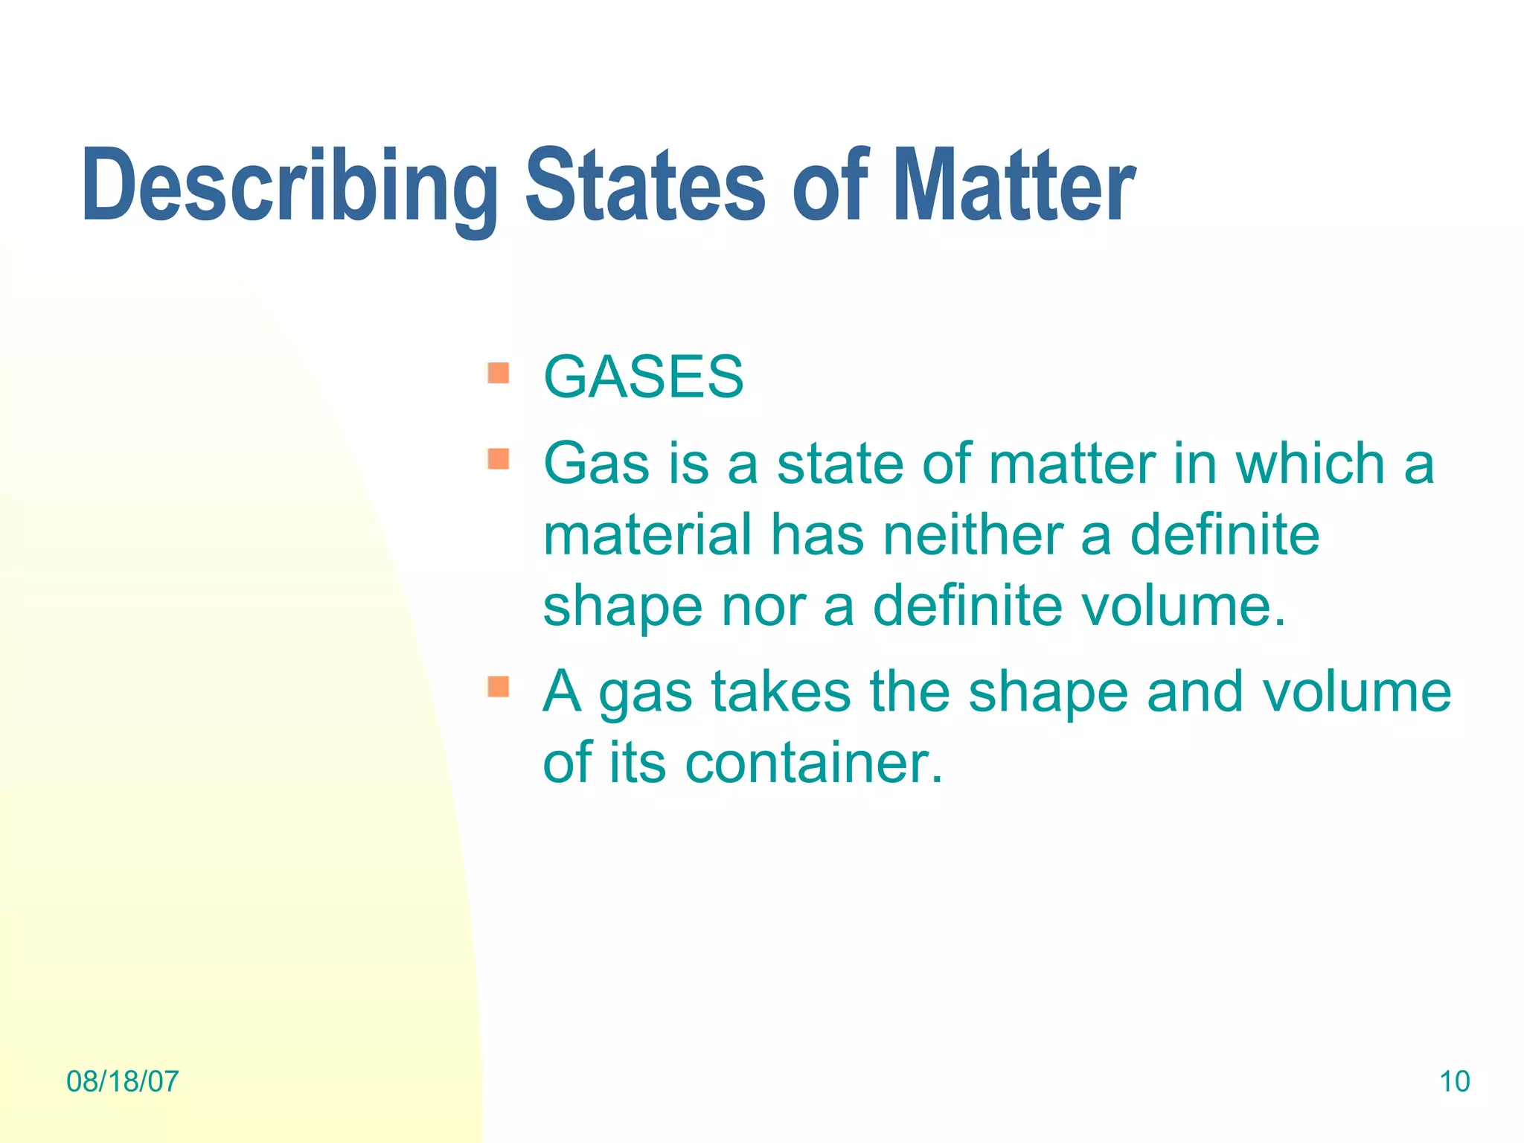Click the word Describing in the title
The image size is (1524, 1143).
(x=290, y=186)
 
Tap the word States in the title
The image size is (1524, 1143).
(x=645, y=186)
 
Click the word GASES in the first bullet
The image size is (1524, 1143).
(x=644, y=377)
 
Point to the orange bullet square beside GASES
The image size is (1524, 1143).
(x=499, y=373)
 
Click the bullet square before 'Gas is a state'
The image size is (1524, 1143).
(x=499, y=459)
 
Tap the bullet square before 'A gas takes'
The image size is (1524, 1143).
(x=499, y=686)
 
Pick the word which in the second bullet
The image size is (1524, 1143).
(x=1310, y=464)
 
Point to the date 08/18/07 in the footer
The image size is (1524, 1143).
(x=123, y=1081)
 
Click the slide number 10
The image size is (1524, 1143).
(x=1454, y=1081)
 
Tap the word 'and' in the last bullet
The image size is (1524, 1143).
(x=1194, y=691)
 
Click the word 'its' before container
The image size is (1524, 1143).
(x=637, y=763)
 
